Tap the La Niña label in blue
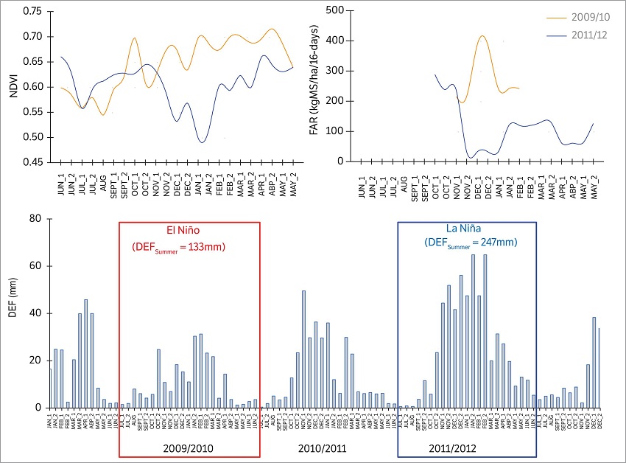tap(467, 229)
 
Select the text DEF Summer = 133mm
tap(190, 246)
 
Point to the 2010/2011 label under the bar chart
tap(324, 448)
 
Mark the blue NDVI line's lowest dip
tap(201, 142)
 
